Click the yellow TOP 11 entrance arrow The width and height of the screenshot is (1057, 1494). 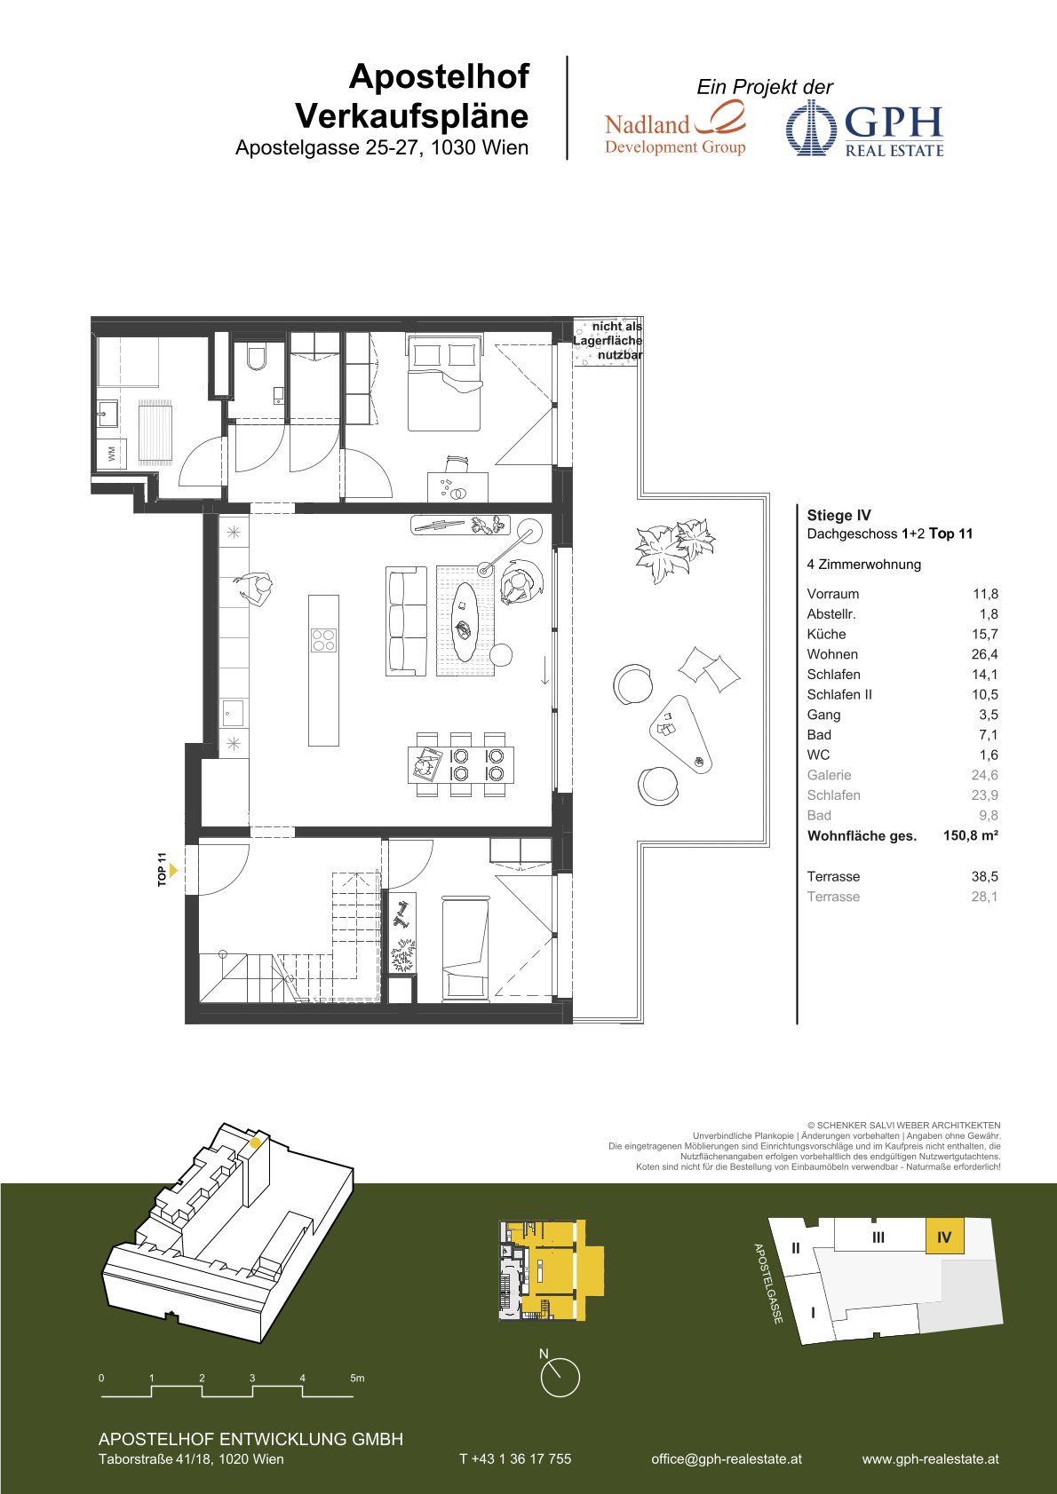(x=173, y=870)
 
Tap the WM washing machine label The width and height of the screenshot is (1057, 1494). (x=111, y=454)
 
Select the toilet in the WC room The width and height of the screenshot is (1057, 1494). (x=257, y=358)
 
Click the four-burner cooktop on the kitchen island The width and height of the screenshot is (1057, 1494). (x=323, y=640)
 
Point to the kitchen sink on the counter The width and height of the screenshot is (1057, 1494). (x=233, y=713)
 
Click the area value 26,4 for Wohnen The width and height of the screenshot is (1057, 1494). (x=984, y=654)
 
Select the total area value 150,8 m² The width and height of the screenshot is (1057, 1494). (x=970, y=835)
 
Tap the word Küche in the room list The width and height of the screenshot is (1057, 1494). (x=826, y=635)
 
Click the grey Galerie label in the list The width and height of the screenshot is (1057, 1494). (x=829, y=775)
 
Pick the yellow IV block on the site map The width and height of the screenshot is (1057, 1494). (x=944, y=1237)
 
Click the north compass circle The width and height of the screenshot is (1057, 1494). (x=560, y=1378)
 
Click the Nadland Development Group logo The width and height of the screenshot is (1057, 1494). (x=675, y=128)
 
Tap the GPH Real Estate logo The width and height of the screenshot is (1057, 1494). (x=865, y=129)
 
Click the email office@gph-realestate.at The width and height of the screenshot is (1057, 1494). (x=727, y=1458)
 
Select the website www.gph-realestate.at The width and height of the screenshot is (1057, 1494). (x=930, y=1458)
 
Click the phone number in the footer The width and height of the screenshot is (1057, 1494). (x=515, y=1458)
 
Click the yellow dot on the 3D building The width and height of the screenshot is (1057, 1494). (x=255, y=1142)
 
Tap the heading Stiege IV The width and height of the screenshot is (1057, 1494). (x=838, y=515)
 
